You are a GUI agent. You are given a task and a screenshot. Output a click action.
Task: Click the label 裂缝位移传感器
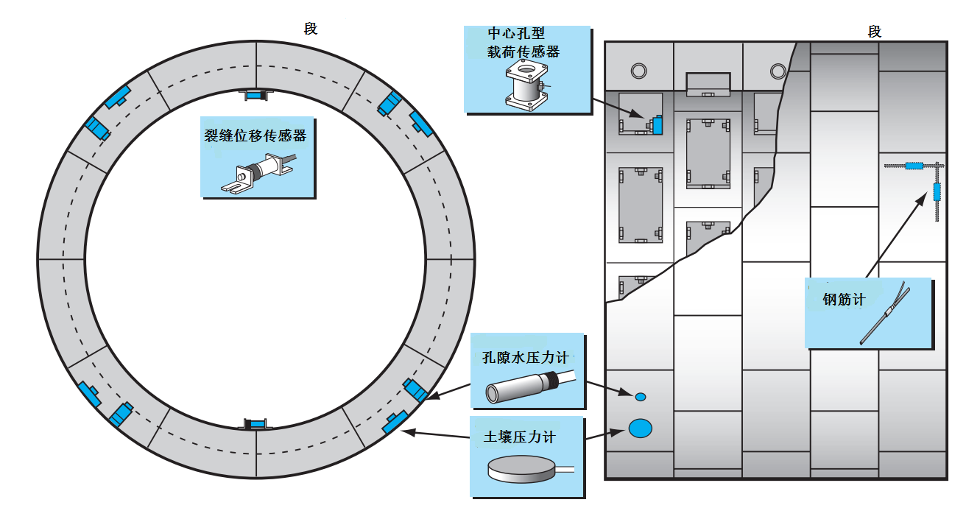255,136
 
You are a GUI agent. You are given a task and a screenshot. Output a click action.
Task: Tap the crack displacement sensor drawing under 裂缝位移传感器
258,174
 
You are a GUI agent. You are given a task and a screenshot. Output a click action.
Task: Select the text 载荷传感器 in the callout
524,52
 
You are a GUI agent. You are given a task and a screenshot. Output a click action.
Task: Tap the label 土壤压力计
520,437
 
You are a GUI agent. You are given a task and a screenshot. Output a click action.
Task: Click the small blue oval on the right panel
641,397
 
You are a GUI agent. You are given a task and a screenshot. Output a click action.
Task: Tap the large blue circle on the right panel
641,428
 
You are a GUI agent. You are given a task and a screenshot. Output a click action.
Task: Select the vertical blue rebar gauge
937,192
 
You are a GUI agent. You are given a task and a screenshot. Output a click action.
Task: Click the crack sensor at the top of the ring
256,94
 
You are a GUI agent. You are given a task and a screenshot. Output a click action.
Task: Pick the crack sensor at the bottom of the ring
256,424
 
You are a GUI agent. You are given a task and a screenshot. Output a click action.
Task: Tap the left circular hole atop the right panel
638,71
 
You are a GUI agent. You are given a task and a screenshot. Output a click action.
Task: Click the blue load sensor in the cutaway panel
657,125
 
